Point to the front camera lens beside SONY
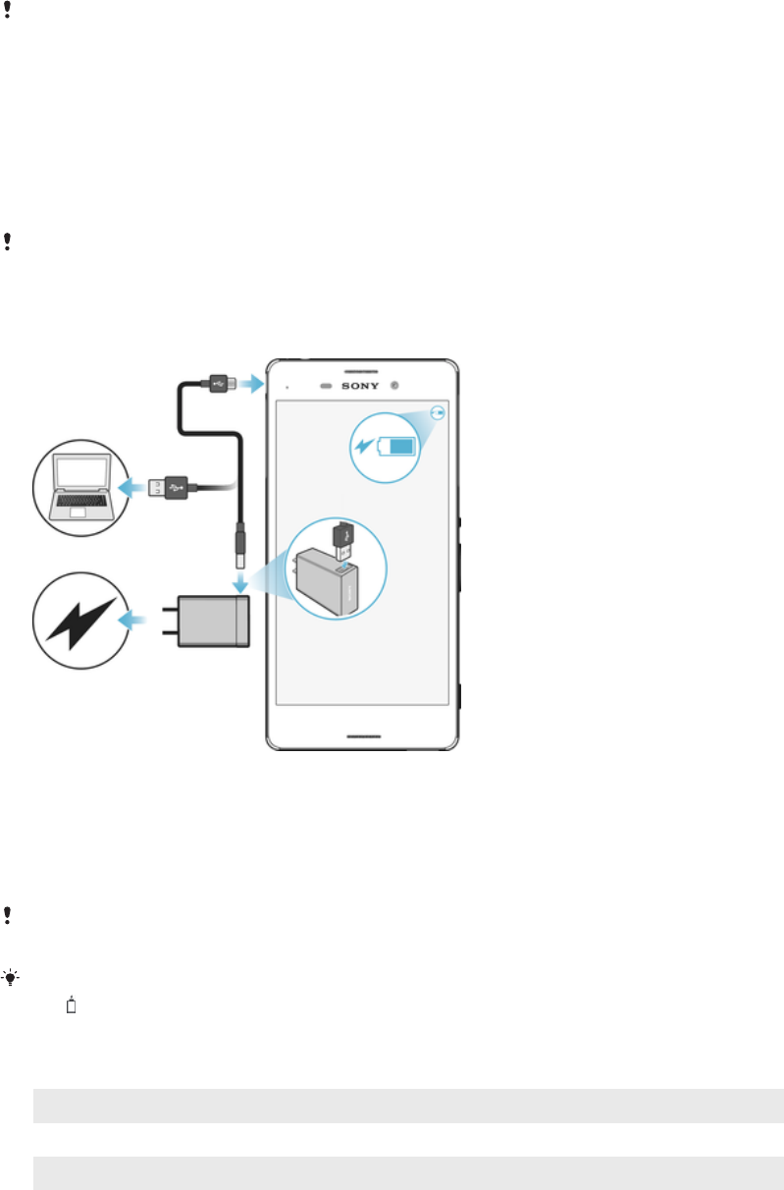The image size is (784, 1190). (393, 385)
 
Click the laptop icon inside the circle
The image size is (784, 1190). (80, 486)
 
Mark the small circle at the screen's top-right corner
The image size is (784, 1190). (439, 412)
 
